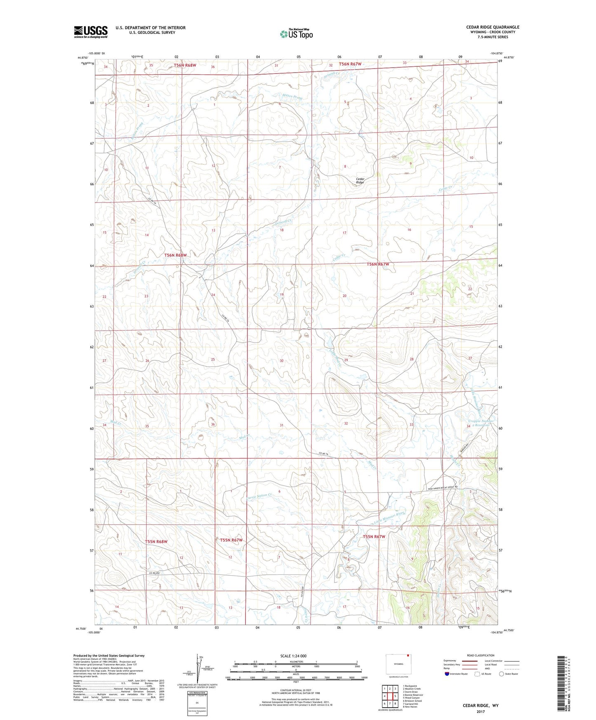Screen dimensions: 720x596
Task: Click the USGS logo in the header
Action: [91, 31]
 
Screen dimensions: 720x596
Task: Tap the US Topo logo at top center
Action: [296, 34]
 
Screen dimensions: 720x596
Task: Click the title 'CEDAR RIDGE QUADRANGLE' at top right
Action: [492, 27]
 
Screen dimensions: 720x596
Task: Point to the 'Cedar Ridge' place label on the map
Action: [360, 180]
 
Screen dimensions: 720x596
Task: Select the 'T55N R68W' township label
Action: [156, 541]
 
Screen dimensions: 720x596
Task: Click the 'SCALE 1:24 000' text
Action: [293, 656]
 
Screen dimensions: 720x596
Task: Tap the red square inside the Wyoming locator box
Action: [408, 654]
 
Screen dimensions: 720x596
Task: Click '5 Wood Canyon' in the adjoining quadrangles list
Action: [411, 698]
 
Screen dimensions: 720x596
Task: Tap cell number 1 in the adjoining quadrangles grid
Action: [384, 688]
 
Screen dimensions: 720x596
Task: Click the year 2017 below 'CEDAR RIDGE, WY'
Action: [480, 711]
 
